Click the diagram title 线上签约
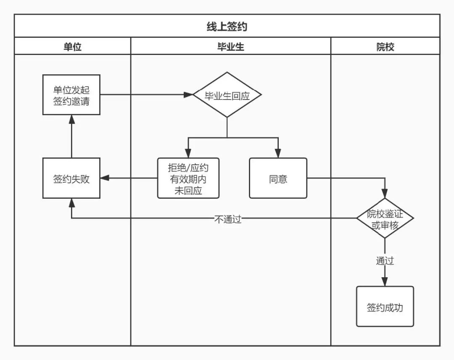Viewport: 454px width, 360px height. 227,26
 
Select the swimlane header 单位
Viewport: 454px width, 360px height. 72,47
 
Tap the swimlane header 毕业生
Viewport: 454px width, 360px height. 231,47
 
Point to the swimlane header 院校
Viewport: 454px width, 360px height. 385,47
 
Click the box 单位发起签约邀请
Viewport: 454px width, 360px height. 71,95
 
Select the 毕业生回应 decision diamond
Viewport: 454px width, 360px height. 227,95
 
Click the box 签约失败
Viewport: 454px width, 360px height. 71,178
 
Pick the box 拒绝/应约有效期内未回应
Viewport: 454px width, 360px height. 188,178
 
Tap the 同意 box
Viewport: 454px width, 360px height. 278,178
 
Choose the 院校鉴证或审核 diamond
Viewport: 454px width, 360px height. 385,218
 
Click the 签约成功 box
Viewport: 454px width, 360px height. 385,307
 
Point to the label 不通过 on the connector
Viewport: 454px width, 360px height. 228,219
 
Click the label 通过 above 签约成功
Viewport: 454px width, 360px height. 385,261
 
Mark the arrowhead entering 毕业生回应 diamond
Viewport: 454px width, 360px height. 188,95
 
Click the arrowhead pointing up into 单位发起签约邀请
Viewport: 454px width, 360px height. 71,119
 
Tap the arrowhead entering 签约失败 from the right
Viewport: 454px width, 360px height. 105,178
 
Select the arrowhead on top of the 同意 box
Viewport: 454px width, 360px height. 278,153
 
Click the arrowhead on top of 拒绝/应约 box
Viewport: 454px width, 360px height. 188,153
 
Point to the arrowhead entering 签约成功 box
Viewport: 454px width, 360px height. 385,282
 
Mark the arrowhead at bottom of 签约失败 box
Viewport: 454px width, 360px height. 71,203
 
